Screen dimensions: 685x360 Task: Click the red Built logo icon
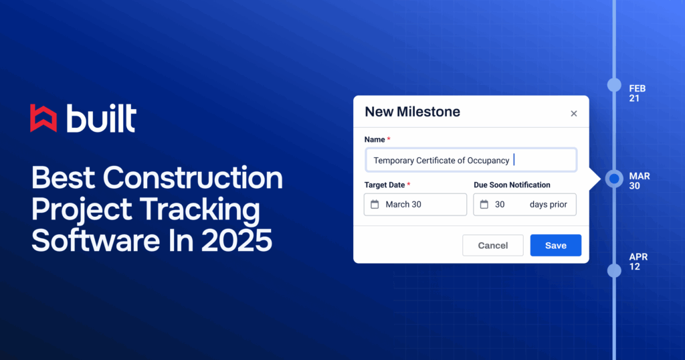click(43, 118)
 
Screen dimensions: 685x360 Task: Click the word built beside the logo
click(102, 118)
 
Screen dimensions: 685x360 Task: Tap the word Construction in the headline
click(193, 178)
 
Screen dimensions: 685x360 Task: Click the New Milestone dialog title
click(412, 112)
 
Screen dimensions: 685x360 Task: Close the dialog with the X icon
click(573, 114)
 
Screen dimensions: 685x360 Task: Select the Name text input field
click(471, 160)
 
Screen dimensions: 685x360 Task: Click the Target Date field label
click(385, 185)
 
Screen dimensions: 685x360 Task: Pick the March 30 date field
click(415, 205)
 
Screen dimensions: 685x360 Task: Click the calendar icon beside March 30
click(375, 205)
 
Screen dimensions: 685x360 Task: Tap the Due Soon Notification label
click(512, 185)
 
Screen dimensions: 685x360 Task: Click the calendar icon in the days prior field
click(484, 205)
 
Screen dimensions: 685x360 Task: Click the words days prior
click(549, 205)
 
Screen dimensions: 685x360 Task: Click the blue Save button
click(556, 245)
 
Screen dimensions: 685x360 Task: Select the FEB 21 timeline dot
click(614, 85)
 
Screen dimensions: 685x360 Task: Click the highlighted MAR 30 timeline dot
click(614, 179)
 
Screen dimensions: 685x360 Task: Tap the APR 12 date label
click(638, 262)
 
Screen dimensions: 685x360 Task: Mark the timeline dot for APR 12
click(614, 270)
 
